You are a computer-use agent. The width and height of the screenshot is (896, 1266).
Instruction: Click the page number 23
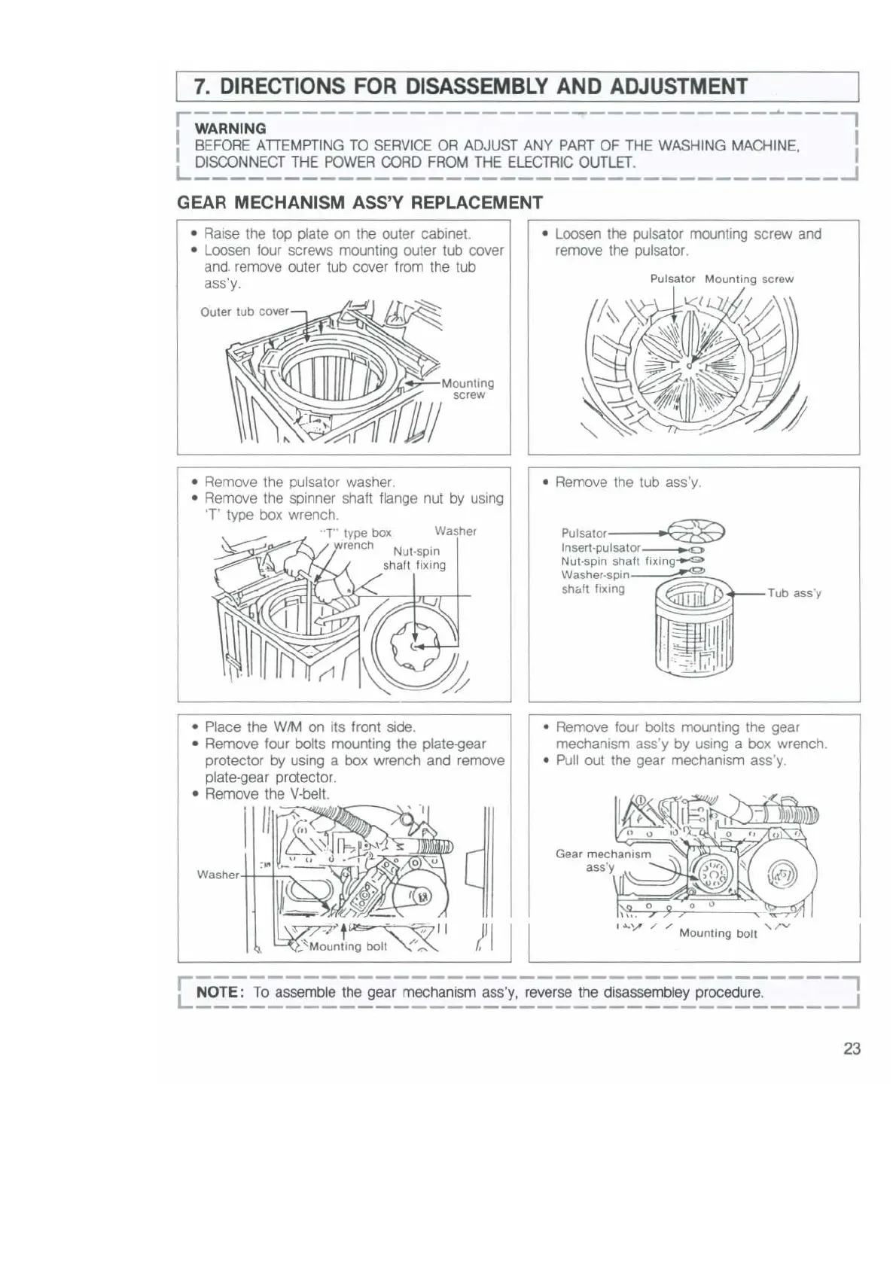click(x=852, y=1048)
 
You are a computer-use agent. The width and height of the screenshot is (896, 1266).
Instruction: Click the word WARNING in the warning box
click(x=230, y=129)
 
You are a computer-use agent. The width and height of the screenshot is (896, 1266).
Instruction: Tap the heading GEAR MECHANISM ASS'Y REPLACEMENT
click(x=359, y=202)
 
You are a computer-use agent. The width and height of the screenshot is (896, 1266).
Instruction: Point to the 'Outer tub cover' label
click(x=244, y=312)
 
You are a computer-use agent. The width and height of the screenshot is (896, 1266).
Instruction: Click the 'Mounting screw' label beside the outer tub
click(x=468, y=388)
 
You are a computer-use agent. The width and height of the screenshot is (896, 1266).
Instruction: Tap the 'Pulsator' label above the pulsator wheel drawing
click(x=672, y=278)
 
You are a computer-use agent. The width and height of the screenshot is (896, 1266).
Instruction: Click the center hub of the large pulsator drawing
click(x=688, y=367)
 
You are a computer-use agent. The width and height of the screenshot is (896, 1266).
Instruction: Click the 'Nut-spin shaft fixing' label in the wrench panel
click(x=415, y=558)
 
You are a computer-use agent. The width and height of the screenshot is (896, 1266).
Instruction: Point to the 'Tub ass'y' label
click(x=794, y=593)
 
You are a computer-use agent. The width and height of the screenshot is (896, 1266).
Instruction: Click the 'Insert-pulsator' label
click(x=600, y=548)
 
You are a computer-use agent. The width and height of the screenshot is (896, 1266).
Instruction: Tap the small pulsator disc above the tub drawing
click(x=696, y=531)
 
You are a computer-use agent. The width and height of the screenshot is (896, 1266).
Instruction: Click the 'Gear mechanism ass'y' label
click(x=602, y=860)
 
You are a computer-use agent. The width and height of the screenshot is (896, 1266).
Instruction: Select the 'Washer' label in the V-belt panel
click(x=218, y=875)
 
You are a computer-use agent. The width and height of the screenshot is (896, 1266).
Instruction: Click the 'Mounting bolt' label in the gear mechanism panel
click(x=718, y=933)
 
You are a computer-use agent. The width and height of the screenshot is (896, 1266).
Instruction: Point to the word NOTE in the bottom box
click(x=217, y=992)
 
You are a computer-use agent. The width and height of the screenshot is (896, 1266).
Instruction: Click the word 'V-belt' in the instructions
click(x=309, y=794)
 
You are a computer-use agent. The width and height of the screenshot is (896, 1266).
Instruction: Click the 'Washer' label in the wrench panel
click(x=456, y=531)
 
